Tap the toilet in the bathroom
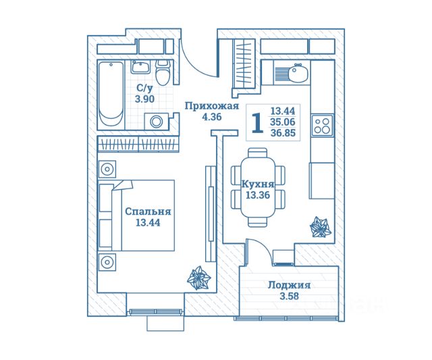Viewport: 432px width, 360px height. pyautogui.click(x=162, y=72)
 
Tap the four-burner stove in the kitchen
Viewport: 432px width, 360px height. pyautogui.click(x=321, y=126)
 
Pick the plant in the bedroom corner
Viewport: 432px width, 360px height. pyautogui.click(x=199, y=277)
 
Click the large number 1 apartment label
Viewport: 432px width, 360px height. pyautogui.click(x=256, y=124)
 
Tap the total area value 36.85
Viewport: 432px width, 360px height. pyautogui.click(x=283, y=134)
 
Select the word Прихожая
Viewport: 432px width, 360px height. pyautogui.click(x=212, y=105)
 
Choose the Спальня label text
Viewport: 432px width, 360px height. pyautogui.click(x=147, y=211)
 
